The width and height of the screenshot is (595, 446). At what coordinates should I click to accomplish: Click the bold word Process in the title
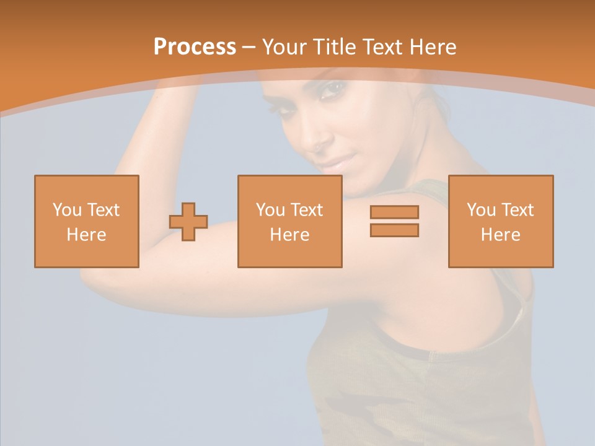(195, 47)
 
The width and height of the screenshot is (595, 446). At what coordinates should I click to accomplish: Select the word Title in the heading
(333, 47)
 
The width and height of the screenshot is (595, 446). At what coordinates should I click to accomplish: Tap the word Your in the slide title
(284, 47)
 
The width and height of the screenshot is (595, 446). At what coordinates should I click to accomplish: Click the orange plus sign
(188, 222)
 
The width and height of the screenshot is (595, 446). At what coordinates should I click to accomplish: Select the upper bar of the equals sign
(394, 212)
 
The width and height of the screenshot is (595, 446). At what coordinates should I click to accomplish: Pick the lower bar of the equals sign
(394, 230)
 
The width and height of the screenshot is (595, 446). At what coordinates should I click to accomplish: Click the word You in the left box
(67, 210)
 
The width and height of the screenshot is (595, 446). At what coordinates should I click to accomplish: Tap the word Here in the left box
(86, 235)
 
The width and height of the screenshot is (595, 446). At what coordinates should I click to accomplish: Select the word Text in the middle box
(307, 210)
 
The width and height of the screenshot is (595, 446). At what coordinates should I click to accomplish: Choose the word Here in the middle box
(289, 235)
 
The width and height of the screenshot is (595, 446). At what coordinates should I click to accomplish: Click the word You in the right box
(481, 210)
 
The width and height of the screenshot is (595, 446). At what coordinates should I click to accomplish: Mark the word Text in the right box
(518, 210)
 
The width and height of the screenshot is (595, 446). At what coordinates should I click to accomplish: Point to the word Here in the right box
(500, 235)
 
